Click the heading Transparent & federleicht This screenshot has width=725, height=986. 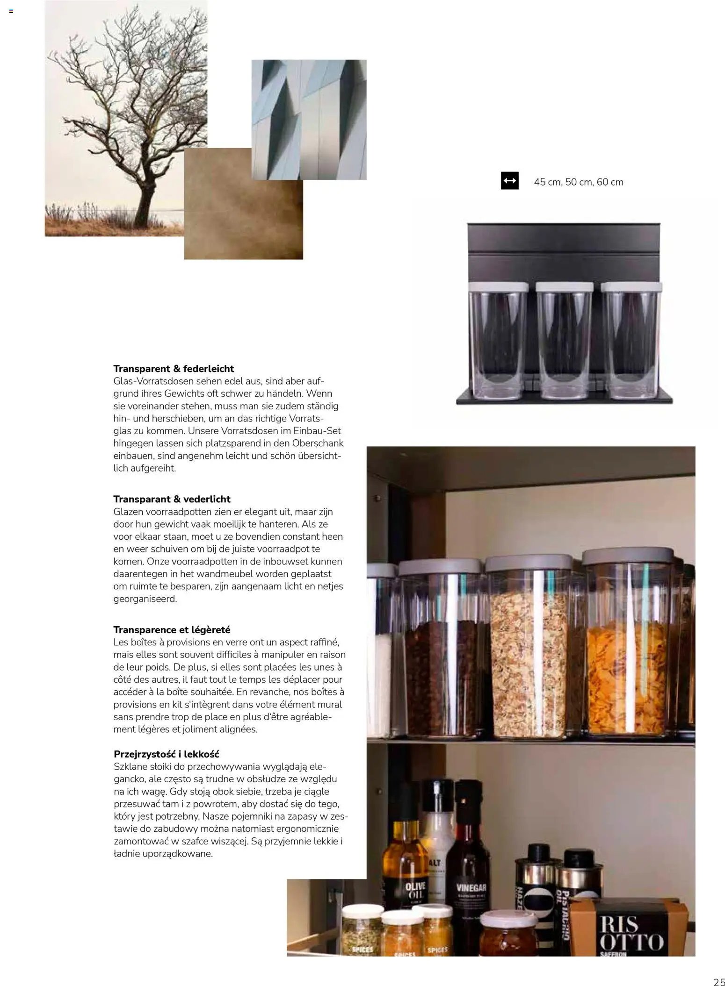[x=174, y=369]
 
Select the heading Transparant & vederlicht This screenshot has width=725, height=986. [x=172, y=499]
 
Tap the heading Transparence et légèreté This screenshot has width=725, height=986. [x=172, y=629]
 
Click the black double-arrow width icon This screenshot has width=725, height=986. [x=509, y=181]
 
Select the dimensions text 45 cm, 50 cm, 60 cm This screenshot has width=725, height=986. [x=578, y=182]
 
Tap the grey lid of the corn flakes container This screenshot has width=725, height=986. [x=627, y=555]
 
